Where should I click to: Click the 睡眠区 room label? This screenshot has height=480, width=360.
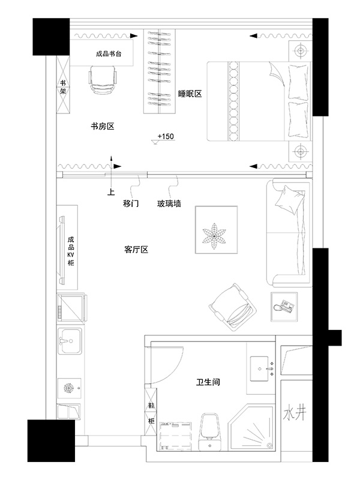[x=190, y=94]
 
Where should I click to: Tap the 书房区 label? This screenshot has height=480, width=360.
[x=103, y=126]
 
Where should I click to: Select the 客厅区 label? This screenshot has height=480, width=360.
[x=136, y=250]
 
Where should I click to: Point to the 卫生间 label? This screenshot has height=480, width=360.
[x=208, y=382]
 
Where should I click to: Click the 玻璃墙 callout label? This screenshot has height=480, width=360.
[x=169, y=203]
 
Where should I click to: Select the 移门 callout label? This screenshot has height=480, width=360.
[x=131, y=203]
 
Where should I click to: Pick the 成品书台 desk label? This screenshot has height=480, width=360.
[x=109, y=54]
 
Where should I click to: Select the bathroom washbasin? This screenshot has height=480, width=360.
[x=262, y=368]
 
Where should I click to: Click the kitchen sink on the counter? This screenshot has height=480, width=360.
[x=70, y=341]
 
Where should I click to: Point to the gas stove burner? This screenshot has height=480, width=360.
[x=68, y=388]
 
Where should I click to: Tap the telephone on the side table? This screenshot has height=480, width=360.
[x=284, y=307]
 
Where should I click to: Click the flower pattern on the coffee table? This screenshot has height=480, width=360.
[x=215, y=235]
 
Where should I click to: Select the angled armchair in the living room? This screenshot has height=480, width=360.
[x=232, y=308]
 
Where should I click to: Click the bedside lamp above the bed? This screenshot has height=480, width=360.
[x=301, y=50]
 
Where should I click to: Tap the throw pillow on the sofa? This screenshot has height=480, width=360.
[x=289, y=199]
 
